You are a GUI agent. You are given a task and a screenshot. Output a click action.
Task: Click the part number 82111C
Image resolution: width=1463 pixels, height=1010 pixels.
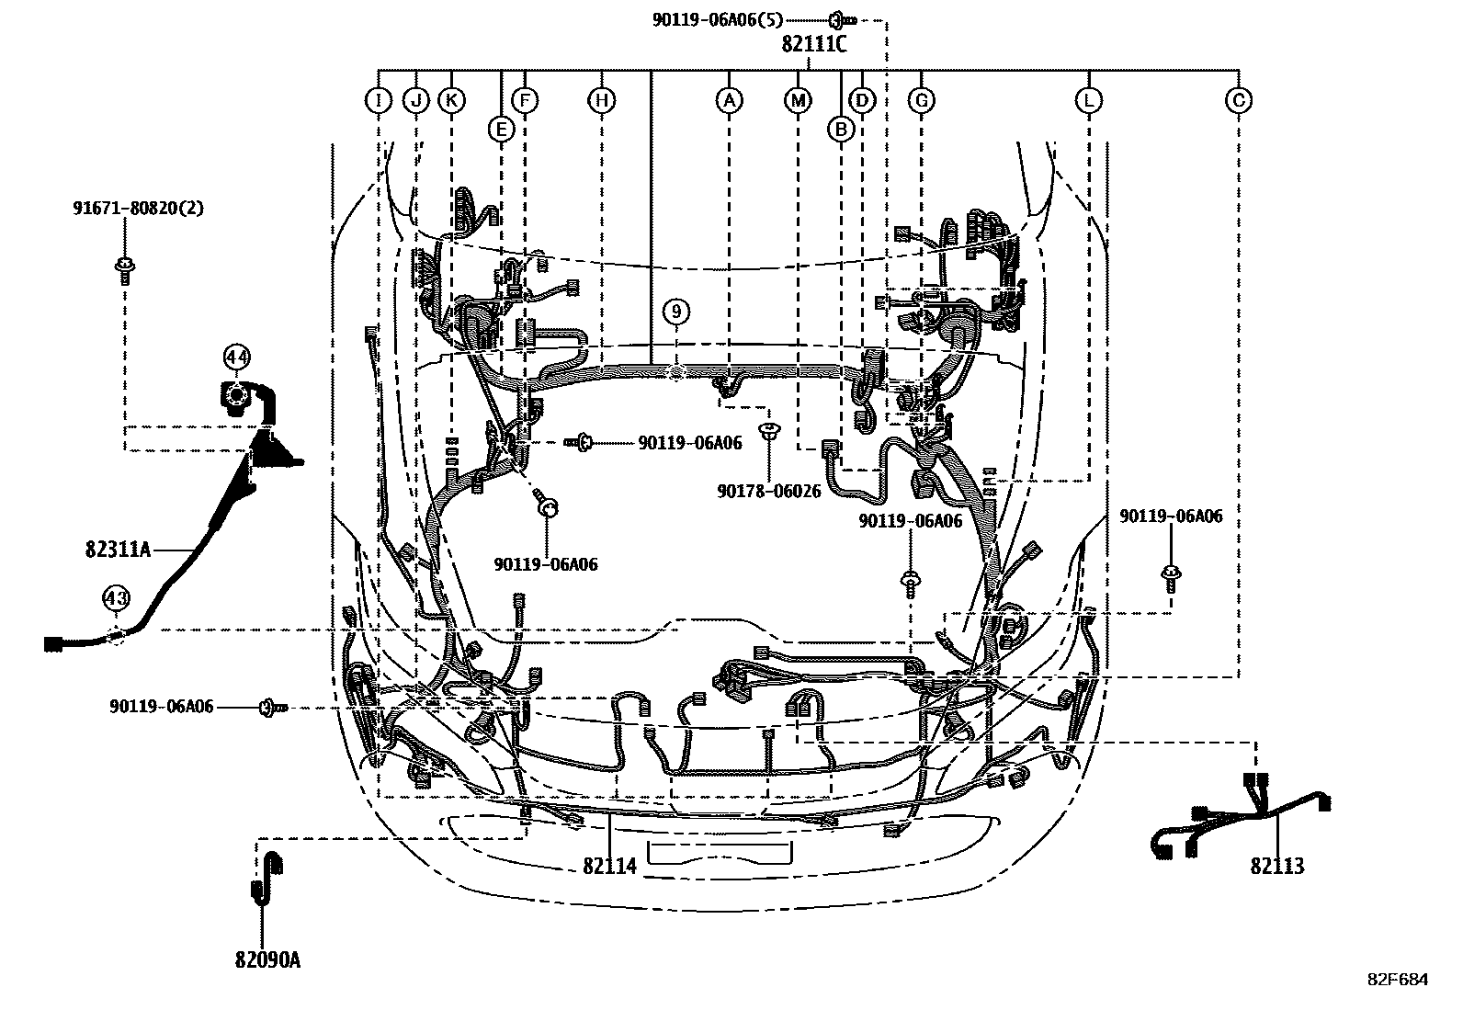(814, 43)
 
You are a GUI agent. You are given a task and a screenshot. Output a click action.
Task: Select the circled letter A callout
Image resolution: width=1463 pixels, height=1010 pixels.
(729, 100)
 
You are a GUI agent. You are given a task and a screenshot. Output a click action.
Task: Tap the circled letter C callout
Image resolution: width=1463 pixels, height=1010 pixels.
(1239, 100)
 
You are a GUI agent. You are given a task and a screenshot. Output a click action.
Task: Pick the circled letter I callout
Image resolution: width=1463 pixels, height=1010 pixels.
(378, 100)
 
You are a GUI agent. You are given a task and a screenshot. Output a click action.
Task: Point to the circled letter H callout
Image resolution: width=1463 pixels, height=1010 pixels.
(601, 100)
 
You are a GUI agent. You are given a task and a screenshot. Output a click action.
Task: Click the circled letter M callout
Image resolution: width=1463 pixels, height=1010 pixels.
(798, 100)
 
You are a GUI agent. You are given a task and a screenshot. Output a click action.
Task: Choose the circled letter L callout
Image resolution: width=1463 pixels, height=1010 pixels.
(1088, 100)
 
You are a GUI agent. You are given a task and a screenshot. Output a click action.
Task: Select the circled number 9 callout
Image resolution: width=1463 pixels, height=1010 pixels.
(676, 312)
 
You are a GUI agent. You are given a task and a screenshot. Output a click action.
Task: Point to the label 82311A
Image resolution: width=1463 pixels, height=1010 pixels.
(117, 550)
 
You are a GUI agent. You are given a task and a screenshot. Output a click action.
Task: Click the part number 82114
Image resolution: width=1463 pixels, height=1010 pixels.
(609, 866)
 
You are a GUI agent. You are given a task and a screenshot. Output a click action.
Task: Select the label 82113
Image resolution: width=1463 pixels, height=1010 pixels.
(1276, 866)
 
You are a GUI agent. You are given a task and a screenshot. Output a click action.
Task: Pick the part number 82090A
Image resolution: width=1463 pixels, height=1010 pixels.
(267, 960)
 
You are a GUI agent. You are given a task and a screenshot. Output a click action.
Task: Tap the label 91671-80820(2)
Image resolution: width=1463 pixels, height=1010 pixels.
(139, 209)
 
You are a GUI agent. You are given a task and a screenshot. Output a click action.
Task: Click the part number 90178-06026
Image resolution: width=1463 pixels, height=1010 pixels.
(769, 492)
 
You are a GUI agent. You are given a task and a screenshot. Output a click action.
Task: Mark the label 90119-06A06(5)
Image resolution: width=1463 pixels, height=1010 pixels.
(719, 19)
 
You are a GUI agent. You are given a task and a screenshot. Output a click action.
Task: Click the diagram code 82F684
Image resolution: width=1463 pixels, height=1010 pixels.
(1397, 980)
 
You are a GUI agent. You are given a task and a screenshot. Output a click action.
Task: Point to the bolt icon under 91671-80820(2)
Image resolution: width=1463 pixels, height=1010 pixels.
(123, 267)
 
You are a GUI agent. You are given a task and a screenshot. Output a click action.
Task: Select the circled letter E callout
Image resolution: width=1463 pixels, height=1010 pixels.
(501, 130)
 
